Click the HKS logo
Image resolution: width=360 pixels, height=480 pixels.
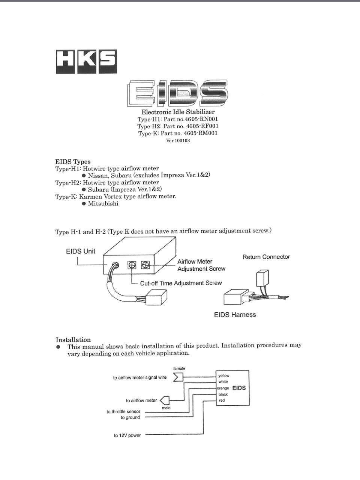click(x=86, y=61)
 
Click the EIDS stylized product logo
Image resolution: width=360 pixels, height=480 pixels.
click(x=177, y=93)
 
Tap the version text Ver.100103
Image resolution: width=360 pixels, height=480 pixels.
click(x=178, y=141)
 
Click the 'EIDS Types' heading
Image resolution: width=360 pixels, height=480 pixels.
click(x=73, y=162)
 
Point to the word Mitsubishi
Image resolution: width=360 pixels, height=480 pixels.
click(x=103, y=204)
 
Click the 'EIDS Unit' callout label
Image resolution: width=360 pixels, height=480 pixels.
click(x=81, y=251)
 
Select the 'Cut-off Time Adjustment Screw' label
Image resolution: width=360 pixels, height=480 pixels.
click(x=181, y=283)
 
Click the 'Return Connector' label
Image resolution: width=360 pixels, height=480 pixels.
click(x=266, y=257)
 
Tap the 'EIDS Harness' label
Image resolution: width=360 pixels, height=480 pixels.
click(x=235, y=315)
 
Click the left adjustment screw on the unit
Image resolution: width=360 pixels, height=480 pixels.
click(x=132, y=265)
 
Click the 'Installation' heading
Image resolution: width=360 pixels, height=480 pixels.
click(x=73, y=340)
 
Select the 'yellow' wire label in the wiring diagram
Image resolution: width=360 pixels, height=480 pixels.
click(x=224, y=375)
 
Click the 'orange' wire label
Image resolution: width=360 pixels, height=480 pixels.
click(x=223, y=388)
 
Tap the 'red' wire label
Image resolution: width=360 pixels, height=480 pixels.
click(x=222, y=400)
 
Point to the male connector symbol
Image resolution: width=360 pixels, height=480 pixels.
click(x=165, y=400)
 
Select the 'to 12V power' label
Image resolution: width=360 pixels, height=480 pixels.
click(x=127, y=435)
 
